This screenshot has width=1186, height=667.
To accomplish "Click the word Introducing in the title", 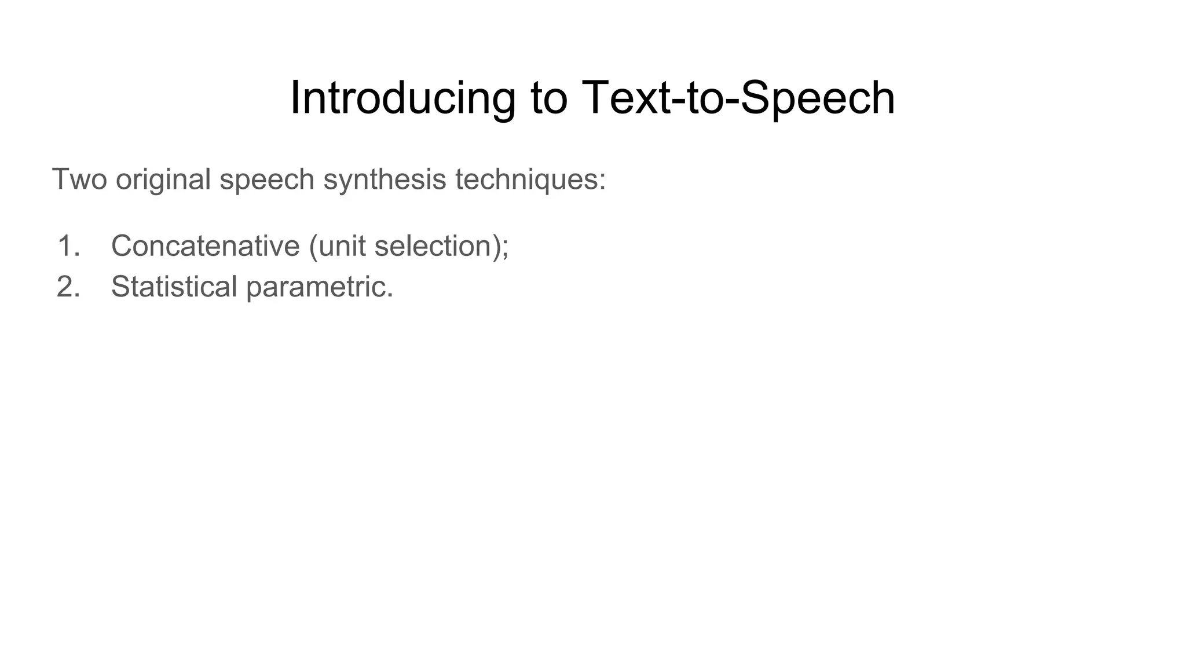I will (x=402, y=98).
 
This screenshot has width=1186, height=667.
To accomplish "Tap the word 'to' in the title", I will (x=548, y=98).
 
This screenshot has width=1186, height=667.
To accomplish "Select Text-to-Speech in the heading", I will (x=738, y=98).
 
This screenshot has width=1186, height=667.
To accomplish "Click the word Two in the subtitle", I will (x=79, y=179).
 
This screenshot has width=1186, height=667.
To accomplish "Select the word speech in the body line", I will (x=267, y=180).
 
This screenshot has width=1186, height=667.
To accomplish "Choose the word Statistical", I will (x=174, y=287).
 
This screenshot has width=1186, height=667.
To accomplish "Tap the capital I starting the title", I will (x=294, y=98).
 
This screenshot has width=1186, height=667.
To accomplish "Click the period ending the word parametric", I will (x=390, y=295).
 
